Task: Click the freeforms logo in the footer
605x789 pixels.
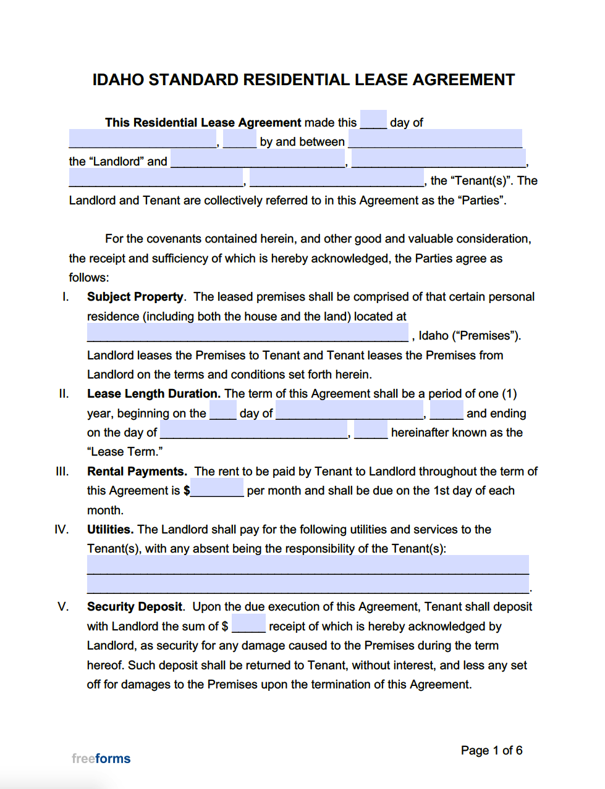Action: (101, 758)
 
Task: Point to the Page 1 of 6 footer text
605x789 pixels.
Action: (491, 750)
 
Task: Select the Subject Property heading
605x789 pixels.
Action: (135, 297)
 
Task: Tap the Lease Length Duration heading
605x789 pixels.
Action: (153, 394)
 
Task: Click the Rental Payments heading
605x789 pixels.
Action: (137, 472)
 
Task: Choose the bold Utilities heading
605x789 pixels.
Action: (110, 530)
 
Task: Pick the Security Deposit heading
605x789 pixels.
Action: (135, 607)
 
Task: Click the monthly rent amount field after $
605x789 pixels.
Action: (217, 490)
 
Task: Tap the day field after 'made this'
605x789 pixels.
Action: (373, 120)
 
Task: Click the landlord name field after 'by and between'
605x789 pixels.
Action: (435, 140)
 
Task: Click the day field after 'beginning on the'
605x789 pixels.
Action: (222, 412)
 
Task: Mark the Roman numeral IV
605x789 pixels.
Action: (61, 530)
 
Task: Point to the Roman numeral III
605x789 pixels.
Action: (62, 472)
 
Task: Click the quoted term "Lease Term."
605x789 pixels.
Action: (125, 452)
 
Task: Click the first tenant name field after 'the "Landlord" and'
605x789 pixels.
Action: (258, 160)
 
